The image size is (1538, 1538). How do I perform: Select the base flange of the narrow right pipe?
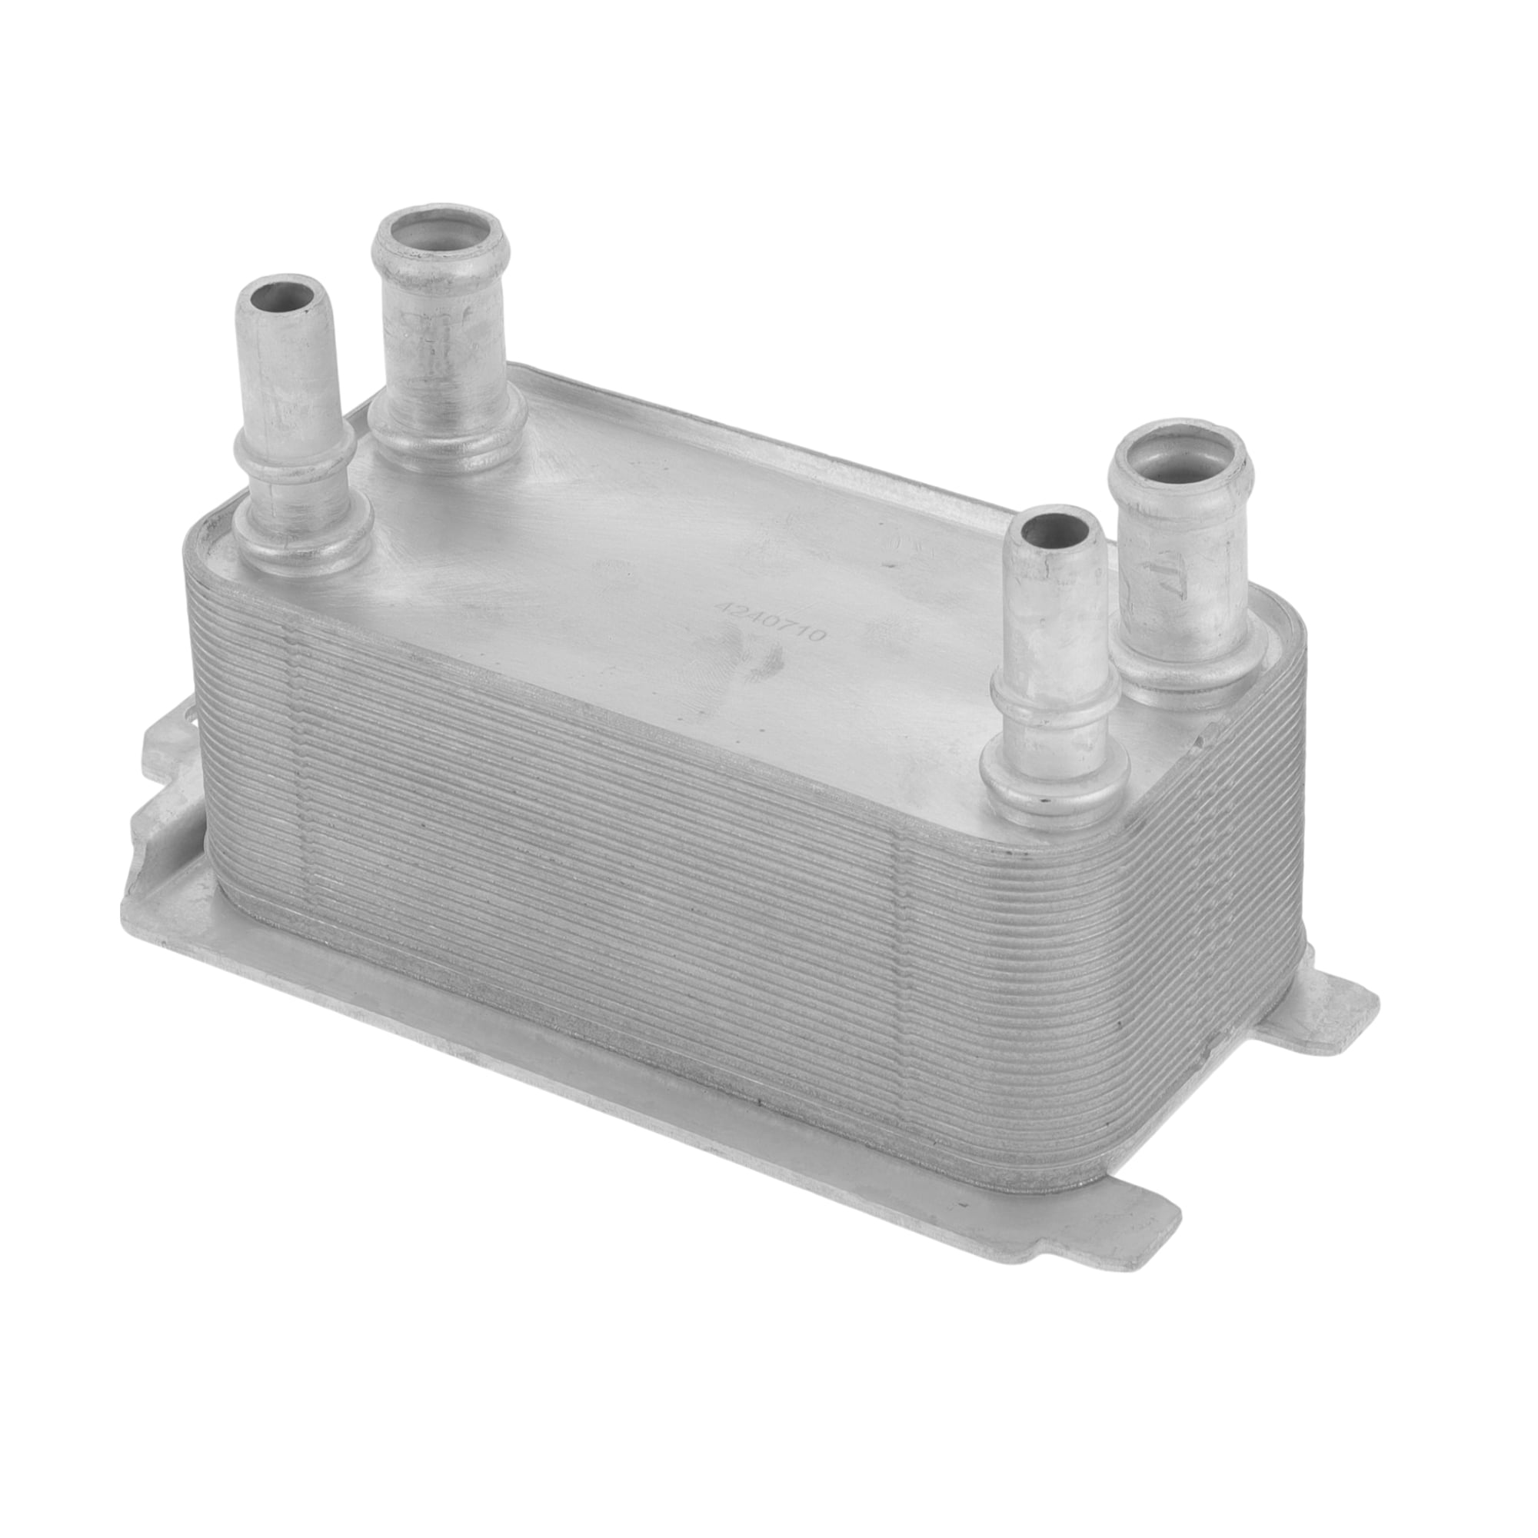click(x=1054, y=776)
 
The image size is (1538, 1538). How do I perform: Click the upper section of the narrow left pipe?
click(x=288, y=366)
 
